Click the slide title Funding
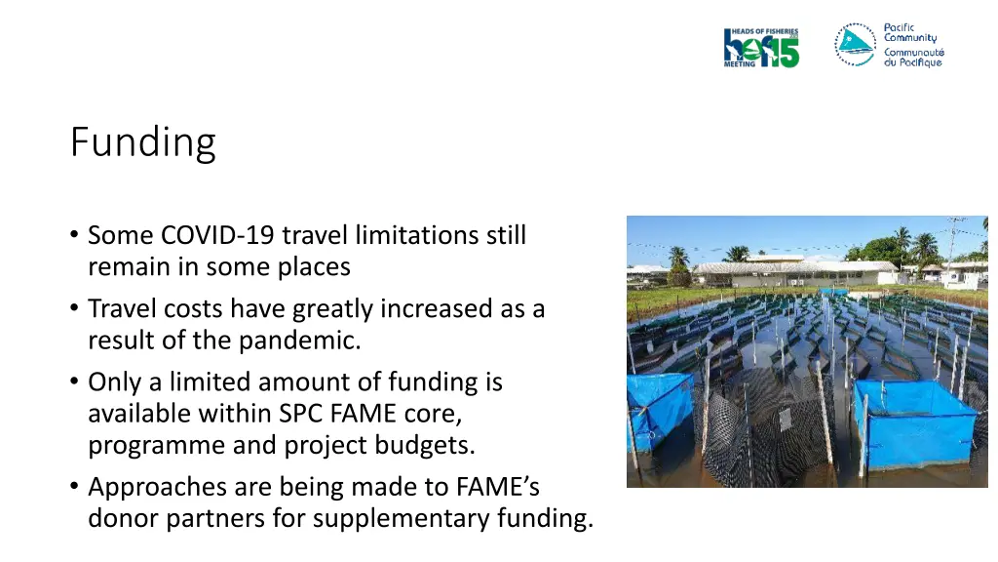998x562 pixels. (x=142, y=142)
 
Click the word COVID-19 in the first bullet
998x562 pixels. (x=216, y=235)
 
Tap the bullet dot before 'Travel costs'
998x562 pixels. (x=75, y=309)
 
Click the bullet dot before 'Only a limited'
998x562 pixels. (x=75, y=382)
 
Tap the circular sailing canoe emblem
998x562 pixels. (x=856, y=45)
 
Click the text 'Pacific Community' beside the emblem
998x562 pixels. (x=910, y=32)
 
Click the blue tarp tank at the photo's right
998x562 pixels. (x=915, y=422)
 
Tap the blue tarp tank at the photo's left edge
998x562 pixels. (x=657, y=409)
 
